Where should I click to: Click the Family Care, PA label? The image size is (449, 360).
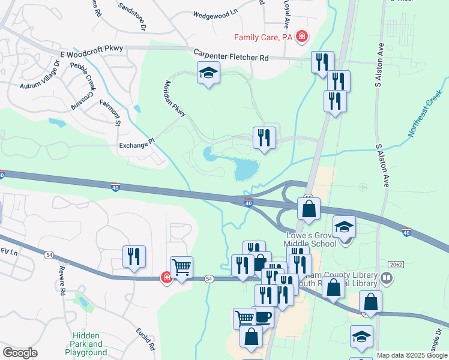(x=263, y=37)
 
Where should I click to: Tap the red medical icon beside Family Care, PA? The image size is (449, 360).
(x=302, y=37)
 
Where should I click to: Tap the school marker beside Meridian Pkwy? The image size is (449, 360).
(x=208, y=74)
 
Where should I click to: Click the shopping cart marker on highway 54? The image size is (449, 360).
(x=182, y=268)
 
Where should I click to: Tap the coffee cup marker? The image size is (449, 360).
(x=262, y=316)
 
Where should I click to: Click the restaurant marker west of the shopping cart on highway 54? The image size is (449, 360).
(x=134, y=257)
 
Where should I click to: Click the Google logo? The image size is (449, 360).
(x=20, y=353)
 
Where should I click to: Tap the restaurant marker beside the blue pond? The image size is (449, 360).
(x=264, y=138)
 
